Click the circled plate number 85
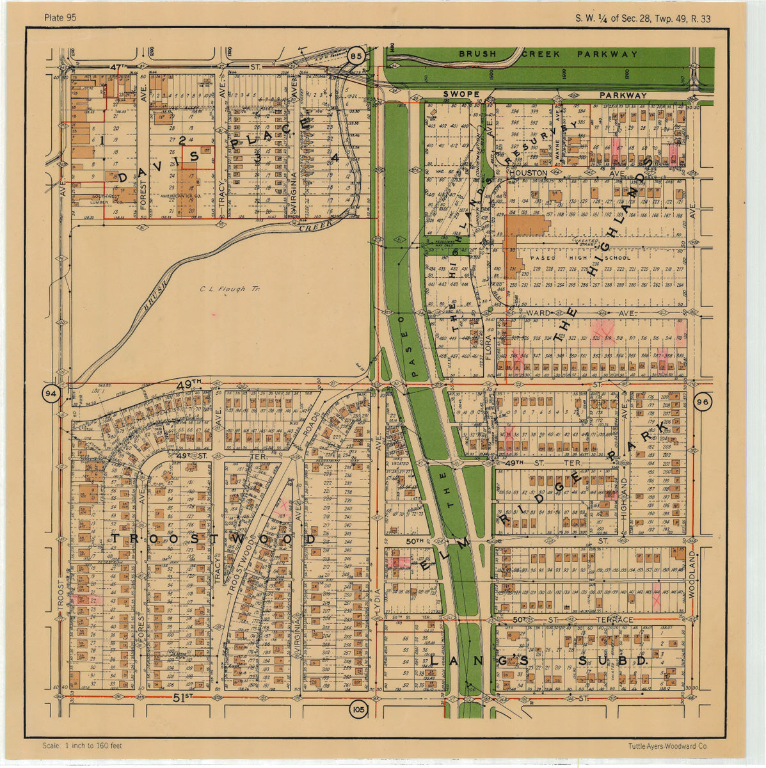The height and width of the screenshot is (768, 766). point(356,56)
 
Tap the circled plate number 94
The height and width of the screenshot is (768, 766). point(51,392)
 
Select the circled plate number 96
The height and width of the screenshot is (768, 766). point(703,401)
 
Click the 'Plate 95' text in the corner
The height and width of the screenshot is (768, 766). point(60,17)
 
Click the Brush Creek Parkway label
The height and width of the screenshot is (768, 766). point(548,54)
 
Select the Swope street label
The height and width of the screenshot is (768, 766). point(461,95)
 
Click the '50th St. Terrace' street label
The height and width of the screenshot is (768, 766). point(573,620)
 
